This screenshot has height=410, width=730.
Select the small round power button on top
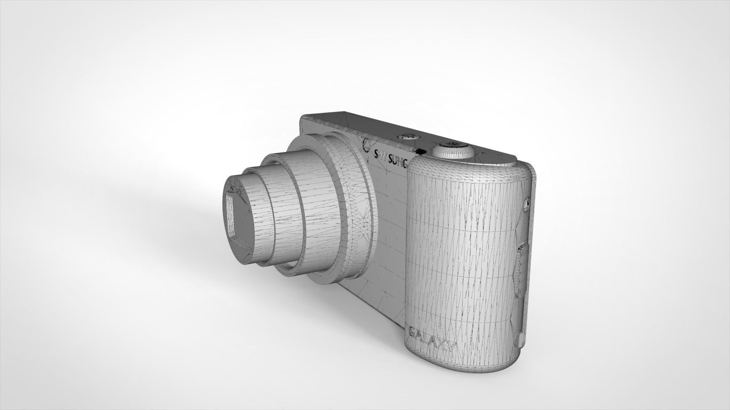(406, 136)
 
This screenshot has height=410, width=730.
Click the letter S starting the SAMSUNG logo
(377, 154)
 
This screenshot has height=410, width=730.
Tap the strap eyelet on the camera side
(526, 202)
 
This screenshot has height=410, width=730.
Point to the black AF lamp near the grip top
(421, 151)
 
